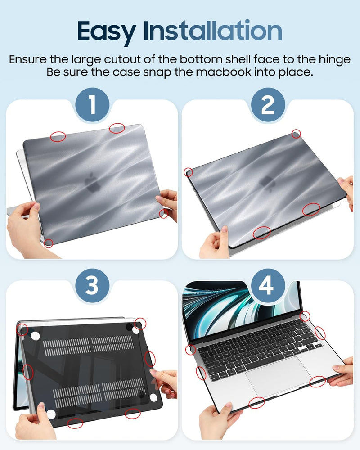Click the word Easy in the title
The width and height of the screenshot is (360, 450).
point(107,31)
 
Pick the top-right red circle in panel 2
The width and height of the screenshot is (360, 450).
point(296,133)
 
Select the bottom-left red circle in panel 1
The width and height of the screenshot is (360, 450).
point(49,243)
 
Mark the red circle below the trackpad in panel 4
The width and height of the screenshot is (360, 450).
point(256,402)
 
